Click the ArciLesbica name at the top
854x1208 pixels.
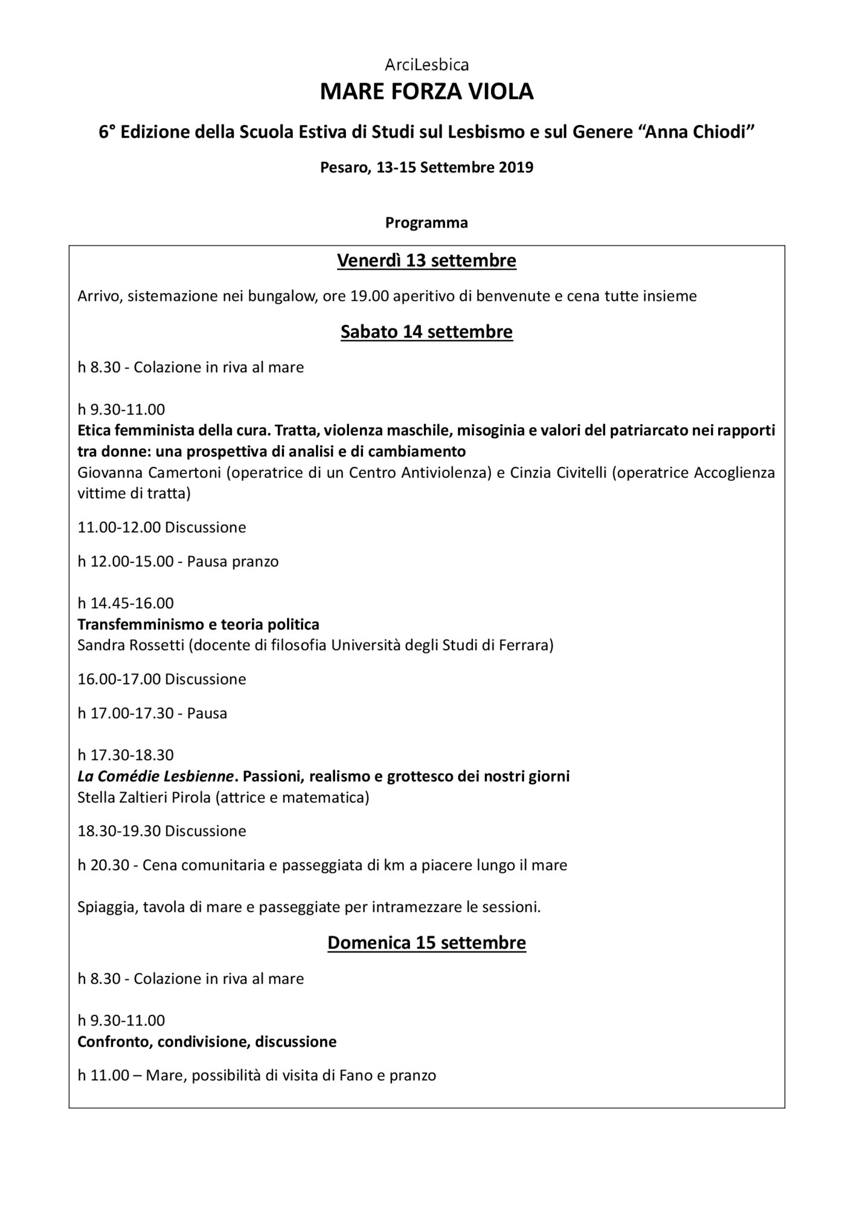[426, 65]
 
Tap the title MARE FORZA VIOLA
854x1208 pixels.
[426, 92]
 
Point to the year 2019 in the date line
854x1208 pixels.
[516, 167]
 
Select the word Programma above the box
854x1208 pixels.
[426, 223]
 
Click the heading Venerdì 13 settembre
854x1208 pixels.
[426, 261]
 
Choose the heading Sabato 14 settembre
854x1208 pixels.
[426, 332]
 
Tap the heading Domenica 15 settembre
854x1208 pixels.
[426, 943]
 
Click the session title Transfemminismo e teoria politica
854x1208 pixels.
[198, 624]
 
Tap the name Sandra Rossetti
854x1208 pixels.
[130, 645]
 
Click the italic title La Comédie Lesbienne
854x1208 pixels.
[155, 776]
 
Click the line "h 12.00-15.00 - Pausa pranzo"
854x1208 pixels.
[178, 562]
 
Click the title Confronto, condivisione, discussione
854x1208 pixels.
[207, 1042]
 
